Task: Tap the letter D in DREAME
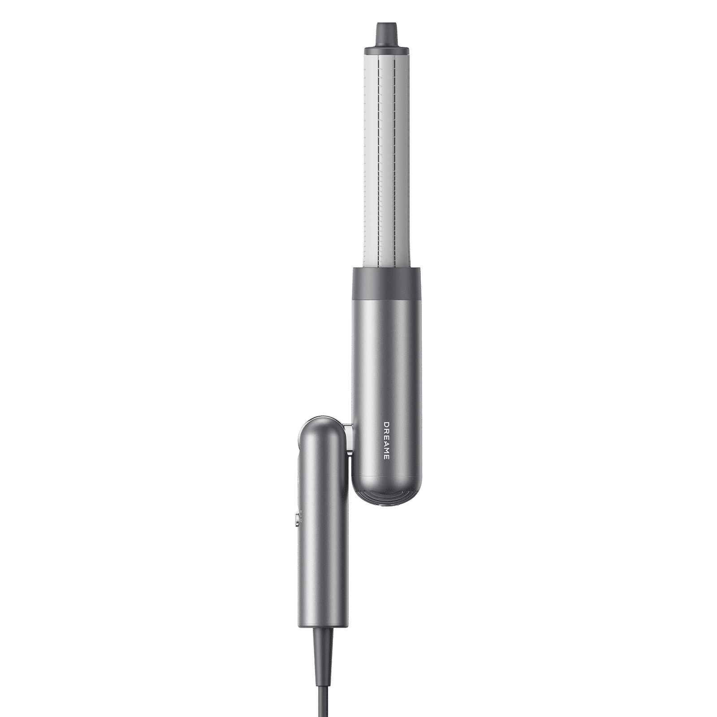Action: [387, 423]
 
